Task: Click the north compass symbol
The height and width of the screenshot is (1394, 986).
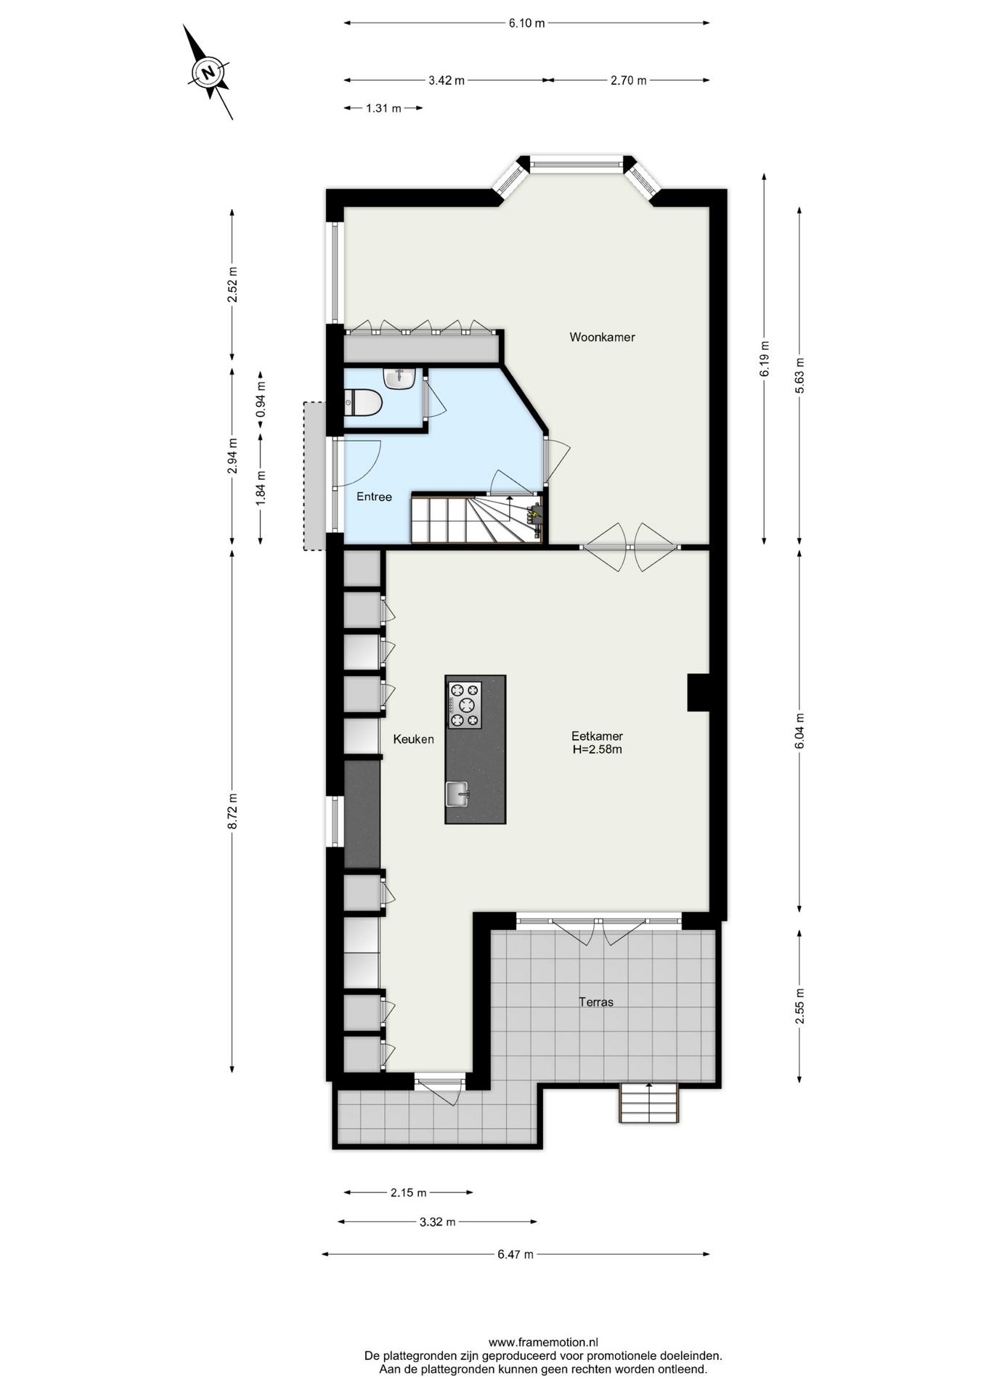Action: click(209, 73)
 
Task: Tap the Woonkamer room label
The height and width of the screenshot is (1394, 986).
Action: click(602, 337)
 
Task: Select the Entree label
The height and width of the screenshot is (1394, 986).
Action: click(374, 497)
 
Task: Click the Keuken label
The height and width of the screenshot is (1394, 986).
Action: click(413, 739)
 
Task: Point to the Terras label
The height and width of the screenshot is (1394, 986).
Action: click(596, 1002)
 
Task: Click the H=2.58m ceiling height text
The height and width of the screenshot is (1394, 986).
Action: click(597, 749)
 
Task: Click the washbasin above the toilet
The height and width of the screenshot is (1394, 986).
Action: click(399, 378)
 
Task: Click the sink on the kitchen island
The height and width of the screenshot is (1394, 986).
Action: click(457, 794)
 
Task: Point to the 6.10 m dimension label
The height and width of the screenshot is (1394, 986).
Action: click(526, 23)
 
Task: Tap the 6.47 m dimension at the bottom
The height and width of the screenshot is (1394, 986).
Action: click(516, 1254)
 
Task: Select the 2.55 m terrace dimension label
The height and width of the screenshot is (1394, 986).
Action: click(799, 1006)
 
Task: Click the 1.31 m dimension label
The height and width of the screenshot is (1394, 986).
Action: click(383, 108)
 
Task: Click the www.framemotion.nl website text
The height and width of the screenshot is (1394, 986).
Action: click(543, 1342)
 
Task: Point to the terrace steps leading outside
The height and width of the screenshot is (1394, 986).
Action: click(649, 1103)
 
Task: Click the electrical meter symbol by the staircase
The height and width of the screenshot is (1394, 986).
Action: click(536, 515)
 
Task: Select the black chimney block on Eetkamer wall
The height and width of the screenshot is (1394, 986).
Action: click(698, 693)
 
